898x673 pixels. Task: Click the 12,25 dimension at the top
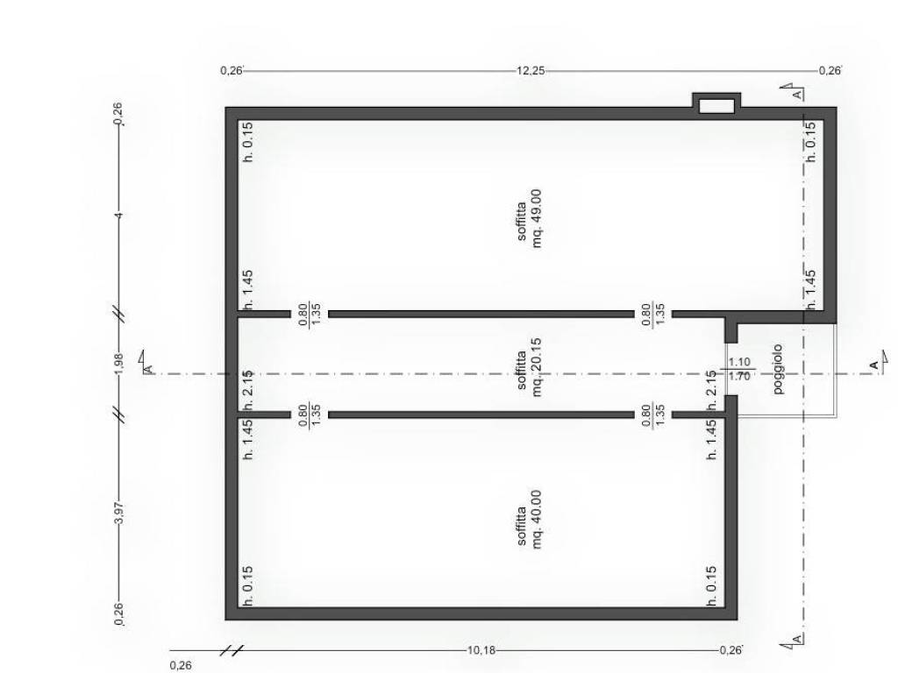point(531,71)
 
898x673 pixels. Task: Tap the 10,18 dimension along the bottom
point(481,650)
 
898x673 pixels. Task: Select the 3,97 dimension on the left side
point(119,512)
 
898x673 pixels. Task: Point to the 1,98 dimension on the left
point(119,364)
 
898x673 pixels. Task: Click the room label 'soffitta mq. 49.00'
point(529,218)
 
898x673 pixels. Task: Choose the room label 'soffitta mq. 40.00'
point(529,519)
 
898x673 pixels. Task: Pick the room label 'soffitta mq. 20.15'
point(529,367)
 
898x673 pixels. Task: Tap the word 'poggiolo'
point(778,369)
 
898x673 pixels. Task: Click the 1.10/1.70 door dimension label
point(739,369)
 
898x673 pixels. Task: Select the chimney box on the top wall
point(716,104)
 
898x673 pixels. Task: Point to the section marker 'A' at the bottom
point(794,641)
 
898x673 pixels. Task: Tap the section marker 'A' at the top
point(794,91)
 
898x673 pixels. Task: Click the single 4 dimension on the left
point(119,216)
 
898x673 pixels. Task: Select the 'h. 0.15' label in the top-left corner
point(248,142)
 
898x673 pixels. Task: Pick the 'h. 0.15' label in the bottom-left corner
point(248,586)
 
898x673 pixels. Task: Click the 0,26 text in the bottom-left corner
point(181,666)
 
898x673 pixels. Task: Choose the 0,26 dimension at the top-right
point(830,71)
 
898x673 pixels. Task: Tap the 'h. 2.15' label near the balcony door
point(711,390)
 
